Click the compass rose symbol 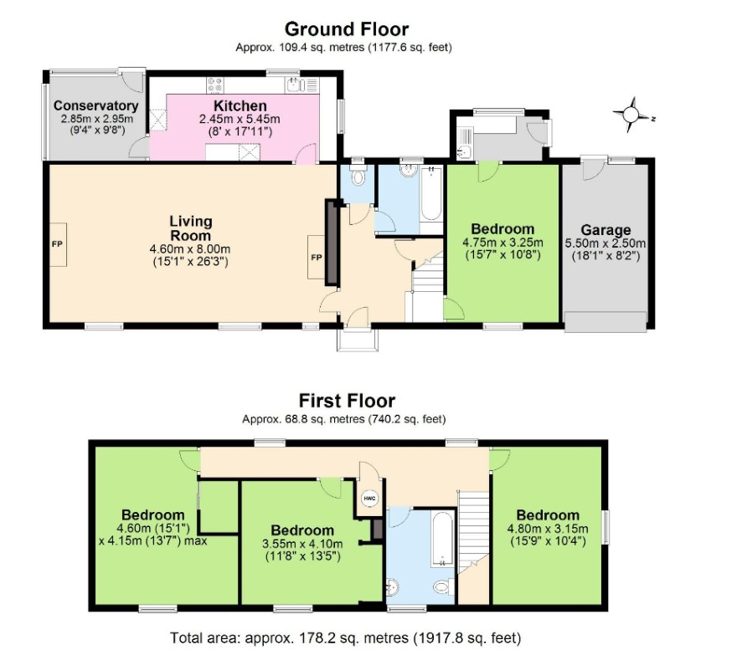(631, 115)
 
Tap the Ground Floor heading (347, 29)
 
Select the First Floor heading (347, 401)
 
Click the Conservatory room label (96, 105)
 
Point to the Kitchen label (240, 105)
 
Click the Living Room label (191, 228)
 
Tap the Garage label (605, 230)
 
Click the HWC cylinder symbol (369, 498)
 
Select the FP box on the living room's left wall (58, 244)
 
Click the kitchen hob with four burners (215, 85)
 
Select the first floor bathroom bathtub (442, 540)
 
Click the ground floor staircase (426, 289)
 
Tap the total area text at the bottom (345, 638)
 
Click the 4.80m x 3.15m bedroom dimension (548, 529)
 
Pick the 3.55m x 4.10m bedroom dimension (302, 544)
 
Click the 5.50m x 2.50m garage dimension (605, 243)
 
